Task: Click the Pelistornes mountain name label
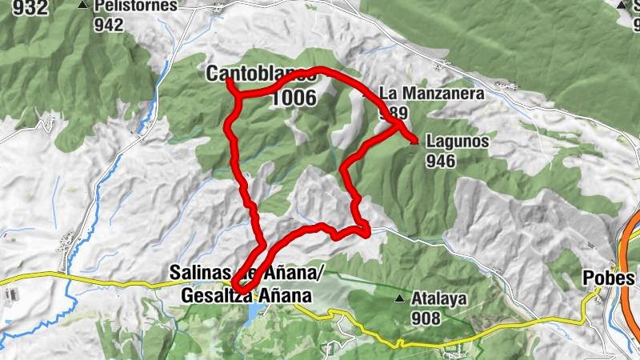point(135,6)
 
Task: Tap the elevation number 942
point(108,25)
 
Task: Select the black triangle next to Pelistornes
point(82,6)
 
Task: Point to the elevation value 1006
point(294,98)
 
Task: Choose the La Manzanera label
point(432,94)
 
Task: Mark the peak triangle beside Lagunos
point(414,142)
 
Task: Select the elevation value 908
point(427,318)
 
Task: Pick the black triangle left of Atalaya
point(399,300)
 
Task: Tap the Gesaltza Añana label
point(246,296)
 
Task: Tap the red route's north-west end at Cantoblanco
point(230,81)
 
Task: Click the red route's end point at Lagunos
point(413,142)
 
